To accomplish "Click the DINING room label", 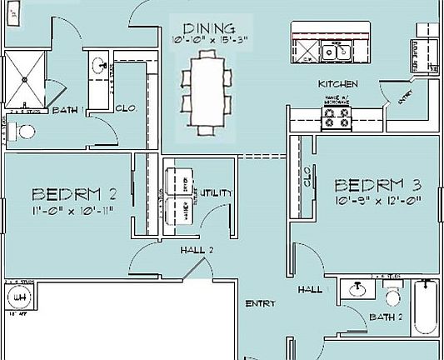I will point(202,27).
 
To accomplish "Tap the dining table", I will point(205,92).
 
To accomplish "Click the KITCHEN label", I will point(338,85).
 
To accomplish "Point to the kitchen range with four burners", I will point(337,117).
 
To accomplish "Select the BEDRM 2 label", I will point(73,194).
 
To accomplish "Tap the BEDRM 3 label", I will point(377,184).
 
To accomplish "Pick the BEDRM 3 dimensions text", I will point(377,200).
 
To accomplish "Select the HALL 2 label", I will point(197,250).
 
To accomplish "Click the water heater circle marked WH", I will point(17,296).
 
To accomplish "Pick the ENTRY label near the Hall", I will point(259,304).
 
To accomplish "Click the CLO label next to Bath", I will point(125,108).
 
